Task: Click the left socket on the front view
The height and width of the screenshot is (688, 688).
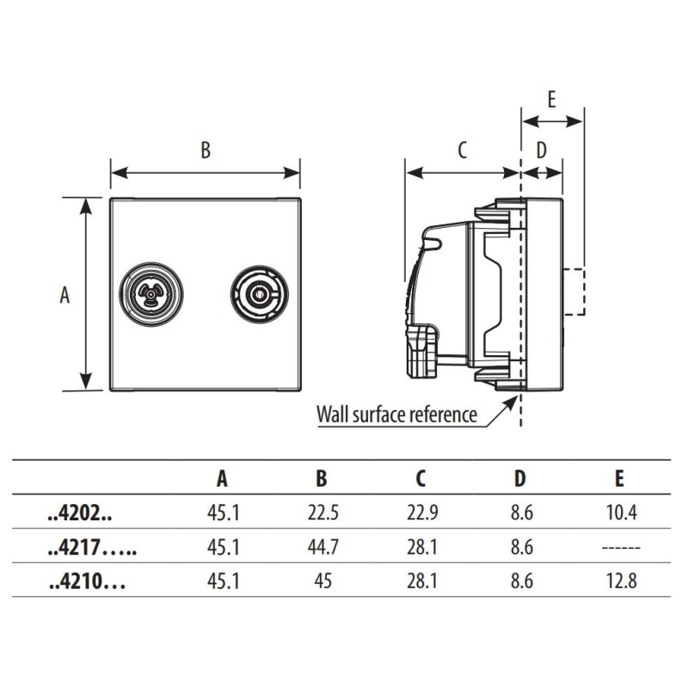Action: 151,294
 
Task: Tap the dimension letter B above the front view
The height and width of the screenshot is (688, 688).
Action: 206,150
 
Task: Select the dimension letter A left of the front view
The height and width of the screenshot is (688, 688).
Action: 64,295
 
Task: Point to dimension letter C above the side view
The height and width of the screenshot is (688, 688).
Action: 461,150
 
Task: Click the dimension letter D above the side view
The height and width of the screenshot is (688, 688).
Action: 541,150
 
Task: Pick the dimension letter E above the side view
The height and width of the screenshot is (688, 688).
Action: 551,98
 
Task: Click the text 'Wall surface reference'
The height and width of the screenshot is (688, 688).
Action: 396,415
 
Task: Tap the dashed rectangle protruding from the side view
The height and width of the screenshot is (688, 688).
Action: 574,292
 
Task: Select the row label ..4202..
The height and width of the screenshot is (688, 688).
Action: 80,514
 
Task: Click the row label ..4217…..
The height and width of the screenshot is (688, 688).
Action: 92,548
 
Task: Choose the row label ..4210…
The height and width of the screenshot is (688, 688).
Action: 87,581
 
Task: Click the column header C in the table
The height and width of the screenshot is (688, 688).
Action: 421,479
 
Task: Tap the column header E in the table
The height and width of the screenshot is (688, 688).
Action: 619,479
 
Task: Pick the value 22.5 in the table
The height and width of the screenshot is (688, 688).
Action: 322,514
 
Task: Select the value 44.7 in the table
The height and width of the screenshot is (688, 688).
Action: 322,548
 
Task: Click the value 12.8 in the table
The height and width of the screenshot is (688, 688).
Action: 620,581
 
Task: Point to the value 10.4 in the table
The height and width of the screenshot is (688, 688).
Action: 620,514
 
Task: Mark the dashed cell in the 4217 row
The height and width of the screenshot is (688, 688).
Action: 620,548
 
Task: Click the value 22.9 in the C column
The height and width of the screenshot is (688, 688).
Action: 421,514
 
